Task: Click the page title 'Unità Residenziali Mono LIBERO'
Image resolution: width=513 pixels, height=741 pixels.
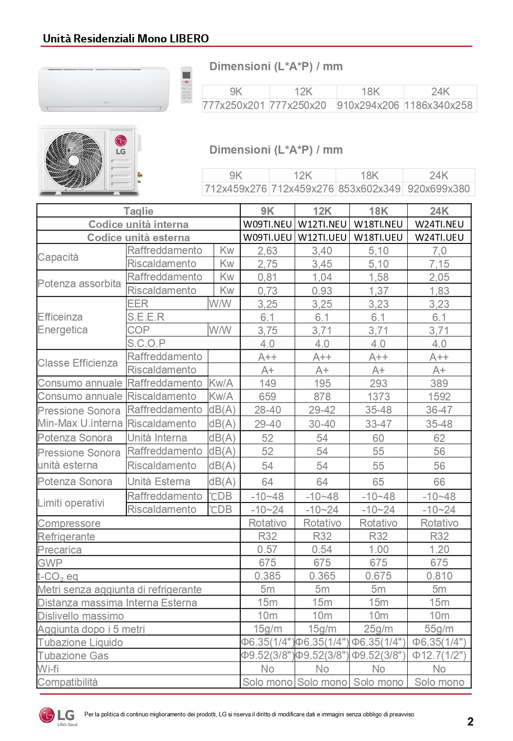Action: [126, 38]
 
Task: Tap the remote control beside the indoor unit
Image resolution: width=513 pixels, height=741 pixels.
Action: [186, 85]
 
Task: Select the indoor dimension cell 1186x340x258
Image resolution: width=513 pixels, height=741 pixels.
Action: [438, 105]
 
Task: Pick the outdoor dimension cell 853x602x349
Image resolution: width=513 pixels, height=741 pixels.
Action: [369, 189]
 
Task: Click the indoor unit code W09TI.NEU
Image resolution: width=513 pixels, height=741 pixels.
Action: [267, 224]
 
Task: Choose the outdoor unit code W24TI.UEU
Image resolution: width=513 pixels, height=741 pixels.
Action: [439, 238]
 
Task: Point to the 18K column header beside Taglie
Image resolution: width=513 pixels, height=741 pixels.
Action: [378, 211]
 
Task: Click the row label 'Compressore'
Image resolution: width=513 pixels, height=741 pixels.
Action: [69, 523]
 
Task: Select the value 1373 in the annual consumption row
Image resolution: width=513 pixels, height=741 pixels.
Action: [378, 397]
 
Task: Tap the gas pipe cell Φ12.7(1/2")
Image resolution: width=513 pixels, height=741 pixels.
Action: [439, 655]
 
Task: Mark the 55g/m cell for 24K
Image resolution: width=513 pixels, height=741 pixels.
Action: [439, 629]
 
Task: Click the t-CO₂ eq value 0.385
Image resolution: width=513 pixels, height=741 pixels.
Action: [267, 576]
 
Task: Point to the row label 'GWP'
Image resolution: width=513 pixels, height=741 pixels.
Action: [50, 563]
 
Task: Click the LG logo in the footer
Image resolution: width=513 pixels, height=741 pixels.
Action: [58, 716]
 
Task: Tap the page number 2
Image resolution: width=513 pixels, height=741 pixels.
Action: [470, 721]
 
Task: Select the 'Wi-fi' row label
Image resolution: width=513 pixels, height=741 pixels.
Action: [48, 669]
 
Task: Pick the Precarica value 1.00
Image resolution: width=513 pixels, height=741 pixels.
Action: [378, 549]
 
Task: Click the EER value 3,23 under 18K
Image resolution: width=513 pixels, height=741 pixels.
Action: [378, 304]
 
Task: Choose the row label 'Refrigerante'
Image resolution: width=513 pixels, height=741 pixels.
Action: [66, 537]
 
